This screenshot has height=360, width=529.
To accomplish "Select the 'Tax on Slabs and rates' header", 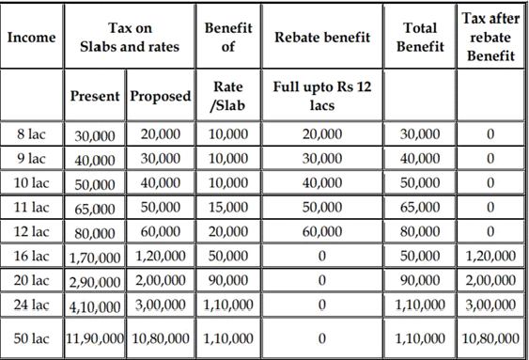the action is tap(131, 38).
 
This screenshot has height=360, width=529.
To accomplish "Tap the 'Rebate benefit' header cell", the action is tap(322, 38).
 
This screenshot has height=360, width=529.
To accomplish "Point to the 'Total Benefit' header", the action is tap(421, 38).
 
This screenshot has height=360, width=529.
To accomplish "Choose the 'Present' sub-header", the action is tap(96, 97).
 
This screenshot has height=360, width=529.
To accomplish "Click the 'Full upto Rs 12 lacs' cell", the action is tap(322, 96).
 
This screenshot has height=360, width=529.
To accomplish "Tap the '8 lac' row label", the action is tap(33, 134).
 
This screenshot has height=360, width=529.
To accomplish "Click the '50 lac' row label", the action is tap(33, 337).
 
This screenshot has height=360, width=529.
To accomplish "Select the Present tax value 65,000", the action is tap(96, 208).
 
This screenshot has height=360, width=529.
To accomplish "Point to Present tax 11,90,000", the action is tap(95, 337).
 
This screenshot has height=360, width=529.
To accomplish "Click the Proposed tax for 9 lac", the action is tap(161, 158).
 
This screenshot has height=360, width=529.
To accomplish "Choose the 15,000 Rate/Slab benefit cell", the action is tap(228, 207).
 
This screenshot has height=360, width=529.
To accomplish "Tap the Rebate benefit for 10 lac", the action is tap(322, 182).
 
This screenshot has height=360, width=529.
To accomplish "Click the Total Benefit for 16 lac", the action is tap(421, 256).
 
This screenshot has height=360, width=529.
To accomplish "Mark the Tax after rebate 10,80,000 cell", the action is tap(491, 337).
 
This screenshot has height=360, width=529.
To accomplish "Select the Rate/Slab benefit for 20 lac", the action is tap(228, 280).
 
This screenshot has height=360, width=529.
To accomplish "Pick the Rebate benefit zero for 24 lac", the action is tap(322, 305).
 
